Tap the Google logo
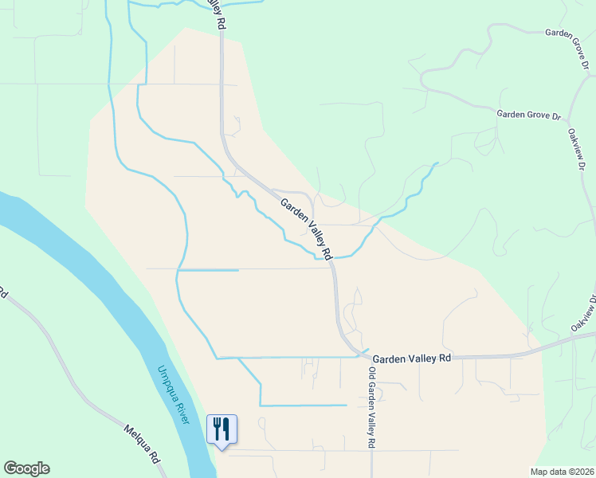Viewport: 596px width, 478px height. [x=26, y=468]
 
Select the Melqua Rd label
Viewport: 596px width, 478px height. [x=143, y=445]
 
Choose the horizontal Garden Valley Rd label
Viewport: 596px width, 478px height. [x=412, y=358]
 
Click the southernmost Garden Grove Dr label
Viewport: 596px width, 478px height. [x=523, y=115]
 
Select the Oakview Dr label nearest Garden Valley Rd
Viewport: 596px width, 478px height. [x=584, y=315]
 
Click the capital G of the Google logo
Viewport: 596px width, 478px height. [x=10, y=468]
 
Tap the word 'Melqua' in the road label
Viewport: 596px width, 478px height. [x=135, y=437]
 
